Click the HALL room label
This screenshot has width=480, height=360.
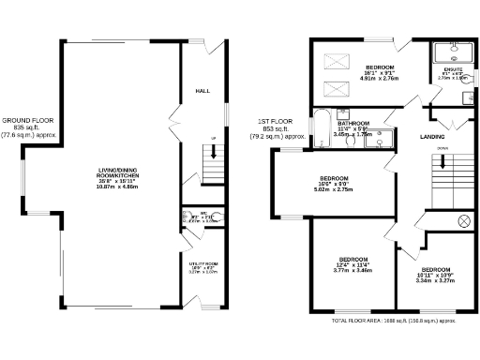202,91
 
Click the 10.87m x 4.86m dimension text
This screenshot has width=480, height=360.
118,187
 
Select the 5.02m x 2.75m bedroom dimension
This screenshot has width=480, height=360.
335,189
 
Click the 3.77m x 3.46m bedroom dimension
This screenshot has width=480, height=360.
352,270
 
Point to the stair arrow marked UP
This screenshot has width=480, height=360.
215,162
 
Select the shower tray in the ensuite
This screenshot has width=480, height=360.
454,52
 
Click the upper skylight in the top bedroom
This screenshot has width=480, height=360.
335,61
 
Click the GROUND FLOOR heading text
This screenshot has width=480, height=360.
28,120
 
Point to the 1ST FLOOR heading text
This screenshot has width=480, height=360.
276,122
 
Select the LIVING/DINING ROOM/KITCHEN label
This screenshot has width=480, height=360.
118,172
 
